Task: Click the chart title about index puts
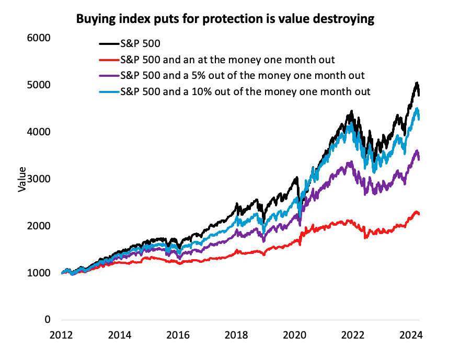coord(226,19)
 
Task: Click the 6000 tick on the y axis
coord(39,38)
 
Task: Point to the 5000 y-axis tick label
coord(39,85)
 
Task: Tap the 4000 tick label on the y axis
coord(39,132)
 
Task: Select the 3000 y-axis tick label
coord(39,179)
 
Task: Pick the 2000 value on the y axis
coord(39,226)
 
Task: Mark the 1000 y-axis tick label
coord(39,273)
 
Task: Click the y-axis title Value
coord(22,179)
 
